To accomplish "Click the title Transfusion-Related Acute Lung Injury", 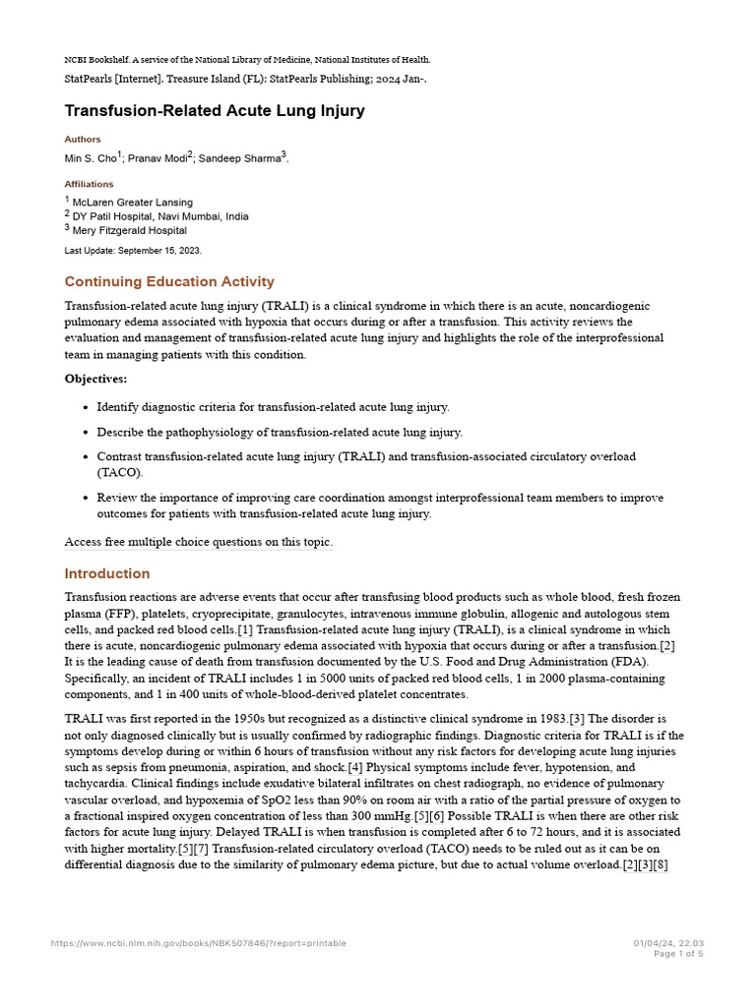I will coord(215,111).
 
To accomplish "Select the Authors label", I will coord(83,140).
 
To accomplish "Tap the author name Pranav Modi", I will coord(158,158).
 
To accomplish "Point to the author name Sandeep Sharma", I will coord(241,158).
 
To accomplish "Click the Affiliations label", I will coord(89,184).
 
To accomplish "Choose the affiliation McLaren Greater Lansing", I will coord(133,203).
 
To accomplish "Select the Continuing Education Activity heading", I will coord(169,282).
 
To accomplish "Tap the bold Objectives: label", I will coord(95,379).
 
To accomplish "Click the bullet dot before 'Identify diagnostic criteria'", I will coord(82,407).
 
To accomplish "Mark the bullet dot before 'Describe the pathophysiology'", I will coord(82,433).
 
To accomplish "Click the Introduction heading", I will coord(107,573).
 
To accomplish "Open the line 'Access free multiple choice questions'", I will coord(199,542).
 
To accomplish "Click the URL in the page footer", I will coord(199,943).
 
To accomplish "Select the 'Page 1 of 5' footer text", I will coord(679,953).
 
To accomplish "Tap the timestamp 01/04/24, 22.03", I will coord(668,943).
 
